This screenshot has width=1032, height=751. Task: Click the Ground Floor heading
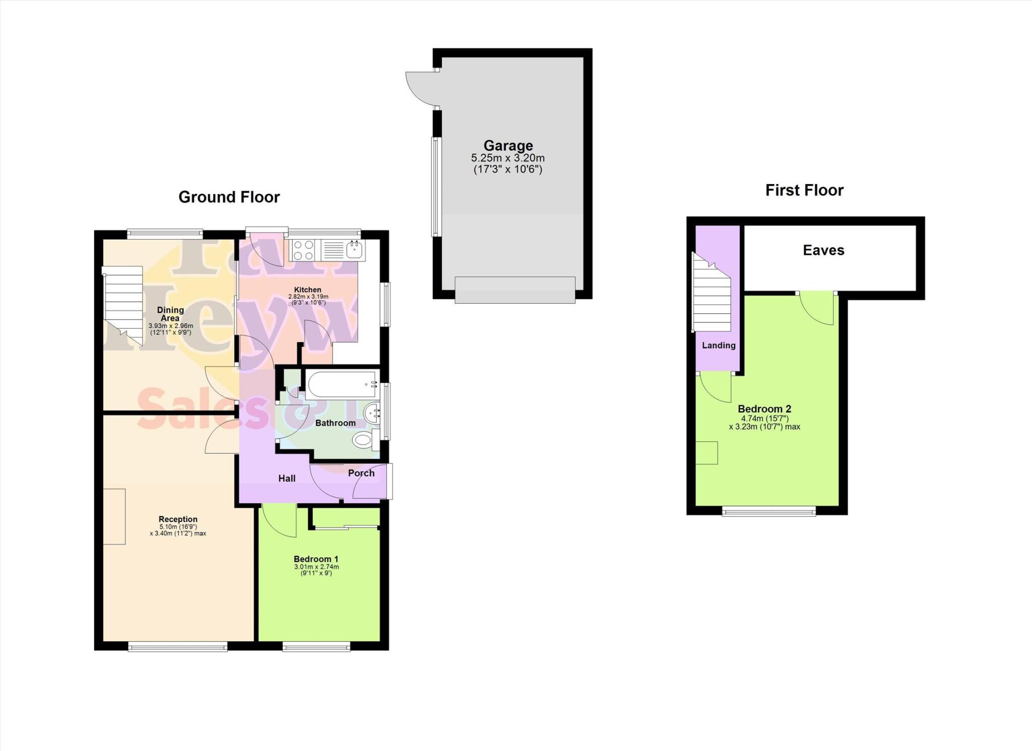(x=229, y=197)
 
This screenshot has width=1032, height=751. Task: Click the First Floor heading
(x=804, y=190)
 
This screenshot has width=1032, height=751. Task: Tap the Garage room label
(x=508, y=146)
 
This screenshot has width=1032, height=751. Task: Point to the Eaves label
(x=823, y=250)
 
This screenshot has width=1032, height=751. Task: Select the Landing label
(x=719, y=345)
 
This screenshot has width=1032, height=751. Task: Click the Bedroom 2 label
(x=764, y=409)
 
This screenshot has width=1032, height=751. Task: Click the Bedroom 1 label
(x=316, y=559)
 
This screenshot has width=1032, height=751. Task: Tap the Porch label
(x=361, y=473)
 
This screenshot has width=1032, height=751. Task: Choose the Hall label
(x=287, y=478)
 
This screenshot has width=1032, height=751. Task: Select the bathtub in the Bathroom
(x=342, y=385)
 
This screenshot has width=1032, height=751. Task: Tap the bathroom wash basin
(x=372, y=414)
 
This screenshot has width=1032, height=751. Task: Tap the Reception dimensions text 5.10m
(x=178, y=527)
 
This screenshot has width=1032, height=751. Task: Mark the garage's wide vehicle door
(x=514, y=290)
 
